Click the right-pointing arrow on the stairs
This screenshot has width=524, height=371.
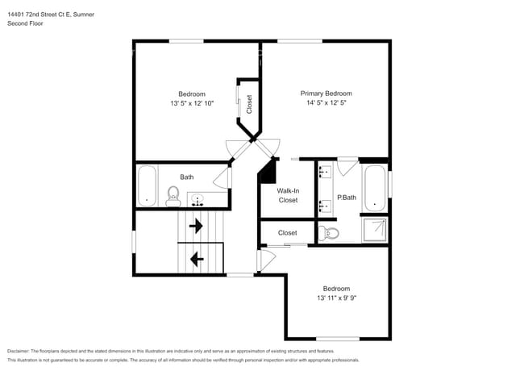click(x=195, y=227)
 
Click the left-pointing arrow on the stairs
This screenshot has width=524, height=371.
click(x=195, y=259)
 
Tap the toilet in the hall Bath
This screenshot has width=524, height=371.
click(x=173, y=195)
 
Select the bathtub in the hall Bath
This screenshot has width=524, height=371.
click(x=147, y=185)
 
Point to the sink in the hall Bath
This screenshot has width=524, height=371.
click(x=198, y=198)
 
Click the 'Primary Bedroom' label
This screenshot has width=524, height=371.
click(x=326, y=94)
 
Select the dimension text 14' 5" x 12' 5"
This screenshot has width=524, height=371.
click(x=326, y=103)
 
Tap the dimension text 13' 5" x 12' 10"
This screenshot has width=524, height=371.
click(x=192, y=103)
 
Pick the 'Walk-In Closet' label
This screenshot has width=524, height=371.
click(x=288, y=195)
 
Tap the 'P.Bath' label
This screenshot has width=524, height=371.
click(x=347, y=197)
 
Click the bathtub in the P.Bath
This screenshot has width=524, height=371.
click(x=375, y=187)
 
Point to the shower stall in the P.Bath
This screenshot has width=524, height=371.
click(x=375, y=230)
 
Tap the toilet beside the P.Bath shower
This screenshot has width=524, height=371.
click(x=329, y=233)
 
